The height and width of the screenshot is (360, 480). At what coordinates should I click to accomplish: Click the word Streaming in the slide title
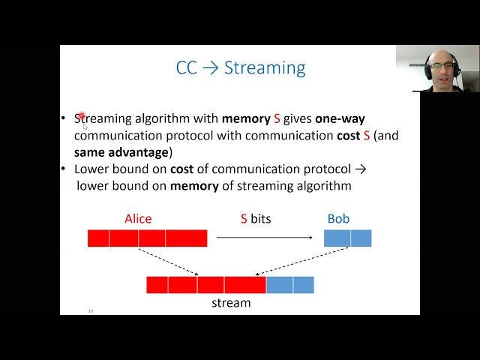(x=265, y=68)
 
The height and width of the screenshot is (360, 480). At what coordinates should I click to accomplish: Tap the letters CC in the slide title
(x=187, y=68)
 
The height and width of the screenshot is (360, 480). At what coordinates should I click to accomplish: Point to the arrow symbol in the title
(x=210, y=68)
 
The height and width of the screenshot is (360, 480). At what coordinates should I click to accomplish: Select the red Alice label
(x=138, y=219)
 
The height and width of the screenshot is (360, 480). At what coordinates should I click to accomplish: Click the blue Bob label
(x=338, y=219)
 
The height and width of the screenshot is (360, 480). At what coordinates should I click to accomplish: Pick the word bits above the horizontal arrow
(x=261, y=219)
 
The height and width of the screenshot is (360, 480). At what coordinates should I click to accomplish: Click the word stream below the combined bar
(x=230, y=303)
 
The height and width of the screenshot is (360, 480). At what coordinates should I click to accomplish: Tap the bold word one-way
(x=340, y=118)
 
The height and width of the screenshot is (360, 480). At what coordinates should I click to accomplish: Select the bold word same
(x=88, y=151)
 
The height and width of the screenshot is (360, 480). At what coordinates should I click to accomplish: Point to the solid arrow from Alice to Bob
(x=264, y=238)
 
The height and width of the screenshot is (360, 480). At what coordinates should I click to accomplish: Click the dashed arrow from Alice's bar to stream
(x=169, y=262)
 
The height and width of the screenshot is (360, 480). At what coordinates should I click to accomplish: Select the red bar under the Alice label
(x=147, y=238)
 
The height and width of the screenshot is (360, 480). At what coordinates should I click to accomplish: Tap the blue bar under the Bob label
(x=347, y=238)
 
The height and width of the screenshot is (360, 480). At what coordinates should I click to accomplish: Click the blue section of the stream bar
(x=289, y=285)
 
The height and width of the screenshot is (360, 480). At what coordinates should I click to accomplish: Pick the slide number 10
(x=91, y=310)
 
